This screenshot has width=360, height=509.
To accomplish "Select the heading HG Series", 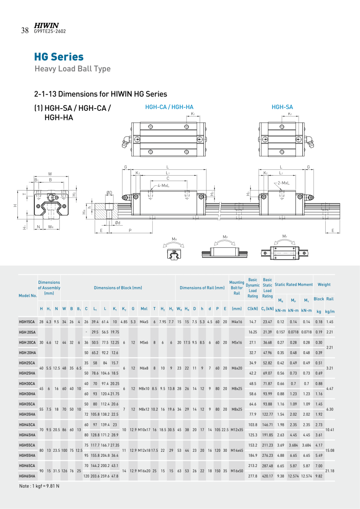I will [59, 57].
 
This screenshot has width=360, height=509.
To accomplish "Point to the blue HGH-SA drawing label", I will [282, 107].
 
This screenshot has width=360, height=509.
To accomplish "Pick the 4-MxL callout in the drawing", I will [164, 185].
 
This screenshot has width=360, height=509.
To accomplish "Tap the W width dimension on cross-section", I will [50, 173].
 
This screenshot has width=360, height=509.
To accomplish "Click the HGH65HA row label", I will [27, 476].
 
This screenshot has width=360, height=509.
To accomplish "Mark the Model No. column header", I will [28, 296].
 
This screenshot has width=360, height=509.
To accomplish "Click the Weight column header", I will [324, 285].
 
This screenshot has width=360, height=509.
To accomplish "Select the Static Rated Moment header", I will [293, 285].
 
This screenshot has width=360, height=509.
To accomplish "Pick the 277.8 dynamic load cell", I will [253, 476].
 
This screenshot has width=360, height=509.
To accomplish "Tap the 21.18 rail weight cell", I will [330, 471].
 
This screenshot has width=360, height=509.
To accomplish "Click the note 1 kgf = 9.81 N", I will [39, 486].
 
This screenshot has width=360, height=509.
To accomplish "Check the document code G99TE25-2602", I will [50, 31].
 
